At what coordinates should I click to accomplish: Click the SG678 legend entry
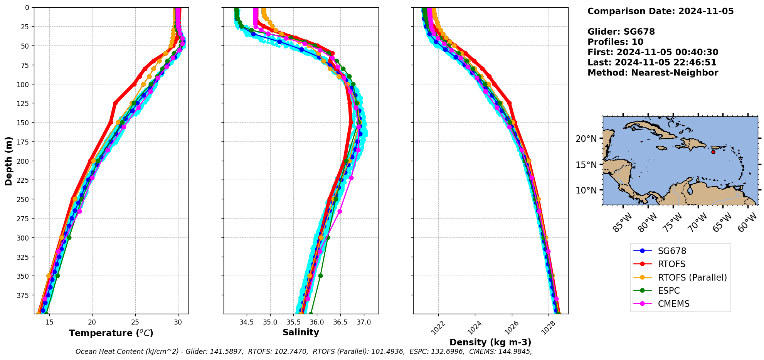coord(672,251)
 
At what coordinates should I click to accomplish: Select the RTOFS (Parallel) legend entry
coord(692,278)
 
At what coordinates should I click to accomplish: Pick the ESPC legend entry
coord(668,291)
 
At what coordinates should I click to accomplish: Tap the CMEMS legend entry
coord(673,304)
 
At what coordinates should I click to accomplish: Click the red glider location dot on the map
coord(713,152)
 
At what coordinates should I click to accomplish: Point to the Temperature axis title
coord(111,333)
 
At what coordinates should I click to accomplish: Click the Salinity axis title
coord(301,332)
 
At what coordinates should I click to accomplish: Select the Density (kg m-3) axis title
coord(490,342)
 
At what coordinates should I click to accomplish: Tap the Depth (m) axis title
coord(8,161)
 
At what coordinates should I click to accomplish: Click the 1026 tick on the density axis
coord(511,327)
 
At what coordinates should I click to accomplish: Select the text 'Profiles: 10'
coord(615,42)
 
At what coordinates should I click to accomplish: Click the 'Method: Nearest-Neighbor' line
coord(653,73)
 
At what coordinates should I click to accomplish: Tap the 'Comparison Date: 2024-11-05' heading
coord(660,11)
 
